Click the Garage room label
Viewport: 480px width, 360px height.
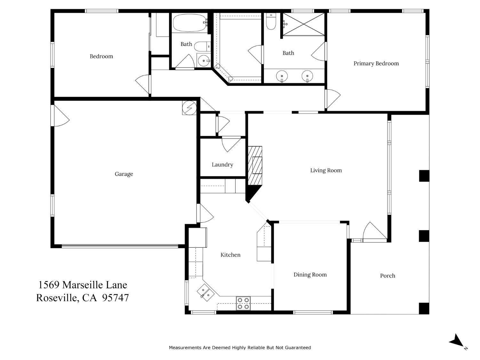124,174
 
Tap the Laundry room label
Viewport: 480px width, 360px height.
222,165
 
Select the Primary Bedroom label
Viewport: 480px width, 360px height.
376,63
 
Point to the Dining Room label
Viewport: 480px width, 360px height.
310,275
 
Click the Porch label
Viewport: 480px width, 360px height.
388,276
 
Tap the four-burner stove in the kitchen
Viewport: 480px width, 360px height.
243,303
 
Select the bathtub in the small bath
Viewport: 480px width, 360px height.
190,23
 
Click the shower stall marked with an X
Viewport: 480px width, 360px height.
303,24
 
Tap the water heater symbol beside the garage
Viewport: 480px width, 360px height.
189,108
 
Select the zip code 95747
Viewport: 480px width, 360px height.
116,298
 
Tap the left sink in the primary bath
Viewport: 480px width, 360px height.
282,76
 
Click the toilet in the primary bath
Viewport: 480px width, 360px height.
271,22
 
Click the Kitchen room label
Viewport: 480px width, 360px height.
230,255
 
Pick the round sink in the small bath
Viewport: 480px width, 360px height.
203,60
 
